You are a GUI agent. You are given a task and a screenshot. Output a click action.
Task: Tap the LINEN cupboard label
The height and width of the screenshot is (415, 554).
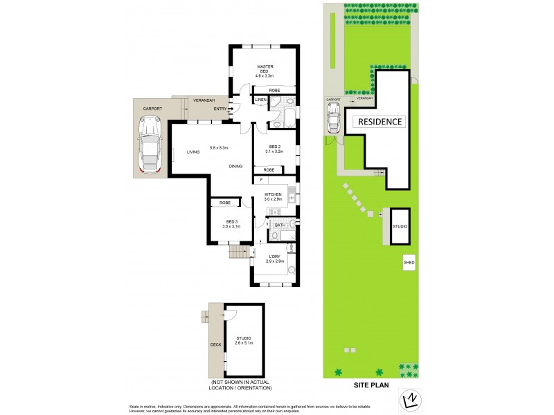pos(260,100)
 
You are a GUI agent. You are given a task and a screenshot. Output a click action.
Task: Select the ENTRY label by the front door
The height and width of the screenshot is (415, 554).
pos(220,109)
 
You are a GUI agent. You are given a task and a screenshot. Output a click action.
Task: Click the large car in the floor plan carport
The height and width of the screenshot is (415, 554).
pos(150,144)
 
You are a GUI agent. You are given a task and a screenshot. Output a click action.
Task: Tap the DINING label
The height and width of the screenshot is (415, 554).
pos(236,166)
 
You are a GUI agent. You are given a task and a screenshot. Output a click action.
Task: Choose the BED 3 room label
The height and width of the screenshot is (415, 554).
pos(231,224)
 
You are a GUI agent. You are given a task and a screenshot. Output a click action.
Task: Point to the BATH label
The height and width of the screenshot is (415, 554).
pos(280,225)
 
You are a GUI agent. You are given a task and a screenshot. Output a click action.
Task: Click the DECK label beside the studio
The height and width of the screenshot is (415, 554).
pos(215,344)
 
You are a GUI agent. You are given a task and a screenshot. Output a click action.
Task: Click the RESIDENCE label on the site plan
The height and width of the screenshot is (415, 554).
pos(379,122)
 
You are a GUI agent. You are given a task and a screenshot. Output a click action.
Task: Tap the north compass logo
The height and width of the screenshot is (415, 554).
pos(407,400)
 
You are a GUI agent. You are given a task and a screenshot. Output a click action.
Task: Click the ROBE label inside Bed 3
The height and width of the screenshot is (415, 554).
pos(224,203)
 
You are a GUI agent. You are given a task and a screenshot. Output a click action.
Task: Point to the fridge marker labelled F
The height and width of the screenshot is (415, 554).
pos(261,181)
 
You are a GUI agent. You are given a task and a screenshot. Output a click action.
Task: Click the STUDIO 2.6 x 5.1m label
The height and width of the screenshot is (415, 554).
pos(244,340)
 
